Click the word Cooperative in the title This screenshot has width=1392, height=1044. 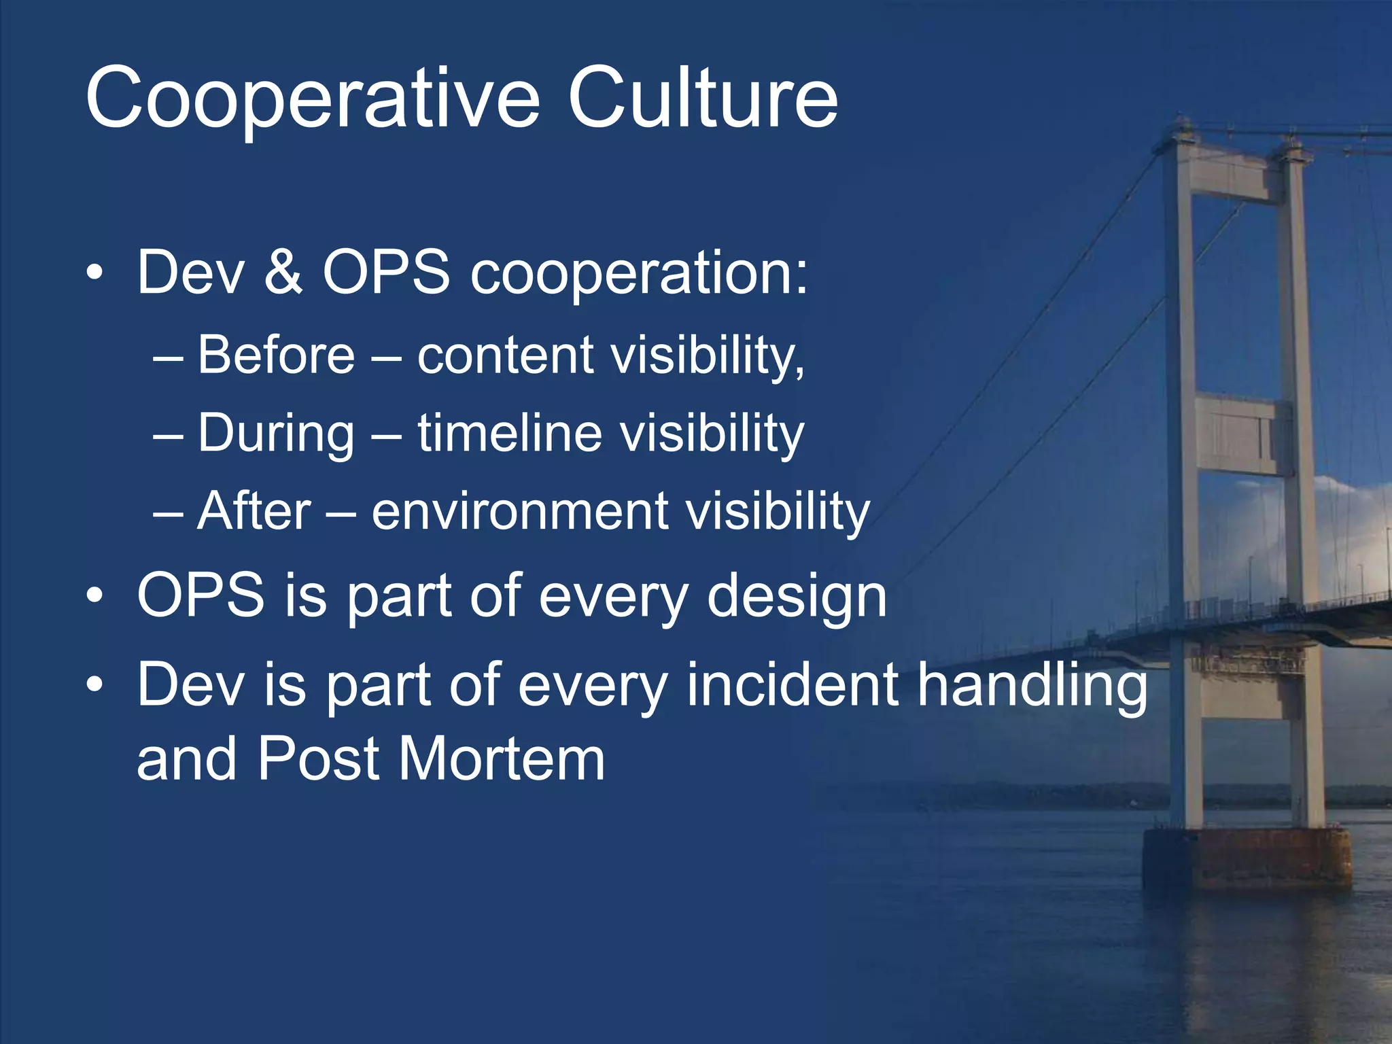tap(313, 99)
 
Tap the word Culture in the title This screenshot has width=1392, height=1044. tap(703, 99)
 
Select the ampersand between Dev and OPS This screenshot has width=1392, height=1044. tap(283, 272)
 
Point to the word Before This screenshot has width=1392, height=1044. tap(276, 355)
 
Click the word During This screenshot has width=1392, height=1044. tap(276, 434)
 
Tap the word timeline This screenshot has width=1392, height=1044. tap(510, 432)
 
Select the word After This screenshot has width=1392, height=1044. tap(254, 511)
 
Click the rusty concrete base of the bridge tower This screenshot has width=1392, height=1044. tap(1247, 860)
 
